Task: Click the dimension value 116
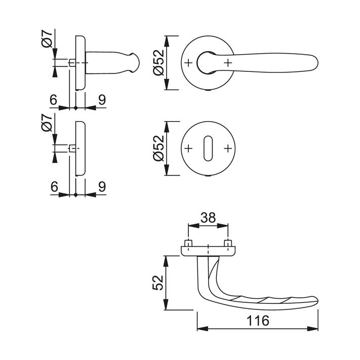click(258, 321)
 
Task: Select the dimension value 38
click(208, 217)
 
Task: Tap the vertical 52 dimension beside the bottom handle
click(158, 283)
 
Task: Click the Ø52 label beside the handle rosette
click(158, 62)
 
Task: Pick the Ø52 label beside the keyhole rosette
click(158, 148)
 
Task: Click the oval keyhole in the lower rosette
click(208, 148)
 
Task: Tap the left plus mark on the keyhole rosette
click(188, 148)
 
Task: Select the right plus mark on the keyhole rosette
click(228, 148)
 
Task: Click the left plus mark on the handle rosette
click(188, 63)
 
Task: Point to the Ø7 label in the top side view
click(47, 39)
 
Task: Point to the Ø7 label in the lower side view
click(47, 123)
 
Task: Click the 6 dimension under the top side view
click(54, 100)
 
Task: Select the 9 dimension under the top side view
click(102, 100)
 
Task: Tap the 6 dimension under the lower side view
click(54, 186)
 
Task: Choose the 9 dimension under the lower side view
click(102, 186)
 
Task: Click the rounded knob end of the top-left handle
click(135, 63)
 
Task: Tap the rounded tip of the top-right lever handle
click(314, 63)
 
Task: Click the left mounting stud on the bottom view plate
click(188, 244)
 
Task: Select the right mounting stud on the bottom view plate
click(228, 244)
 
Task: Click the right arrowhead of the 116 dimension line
click(313, 329)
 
